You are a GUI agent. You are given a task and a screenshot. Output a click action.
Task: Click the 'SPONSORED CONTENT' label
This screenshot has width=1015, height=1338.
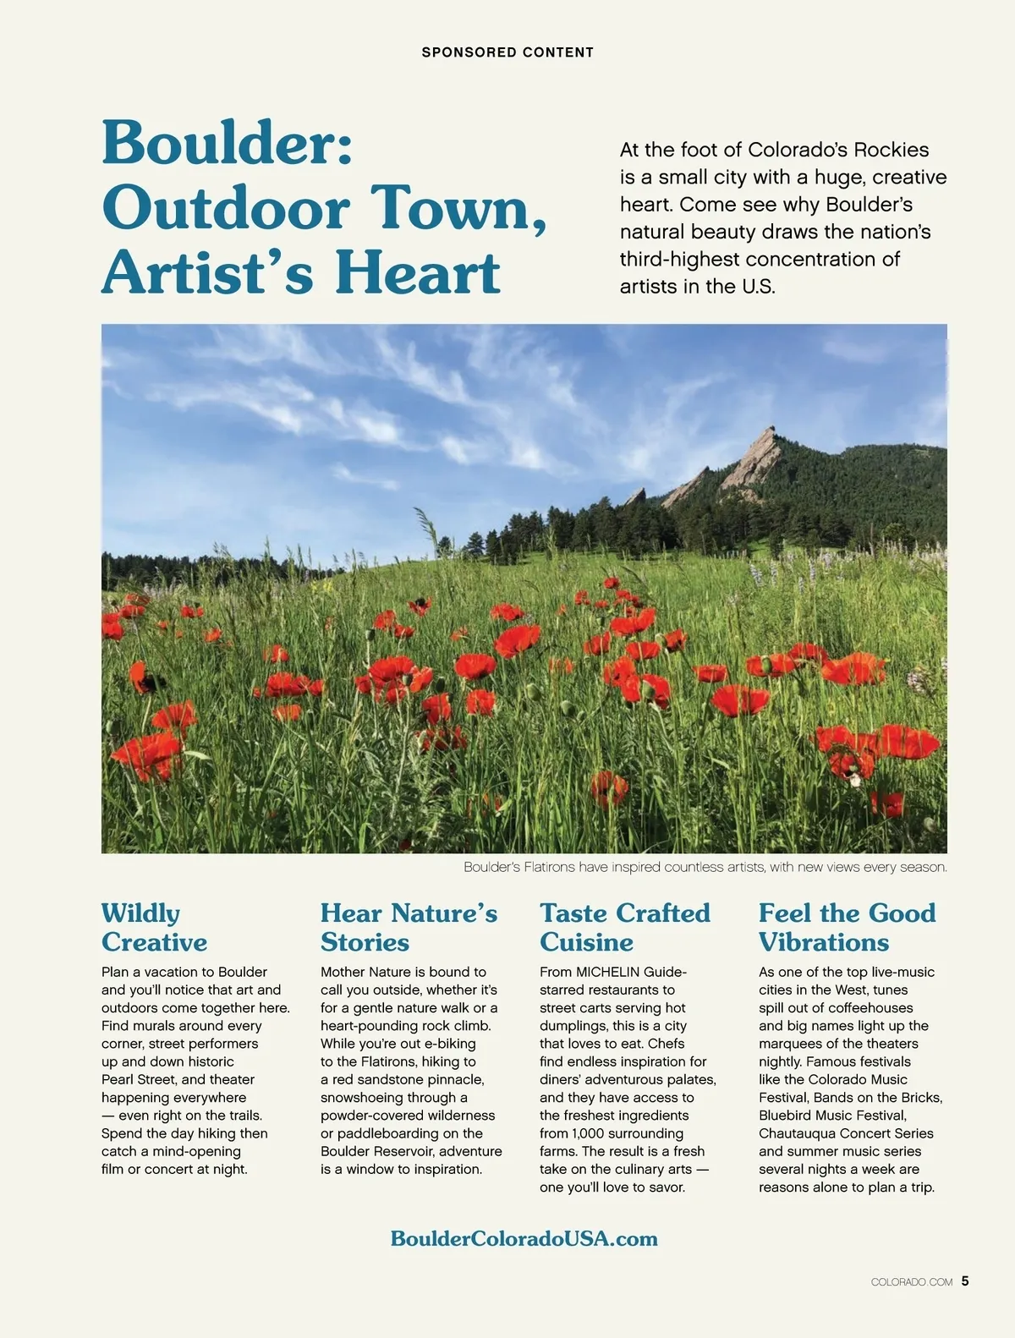(507, 52)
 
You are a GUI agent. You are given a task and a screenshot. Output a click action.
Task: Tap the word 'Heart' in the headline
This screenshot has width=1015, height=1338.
(418, 272)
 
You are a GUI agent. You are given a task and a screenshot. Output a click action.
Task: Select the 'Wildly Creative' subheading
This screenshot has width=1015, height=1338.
(154, 928)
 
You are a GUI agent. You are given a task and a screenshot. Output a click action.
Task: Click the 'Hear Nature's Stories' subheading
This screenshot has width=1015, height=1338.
(409, 928)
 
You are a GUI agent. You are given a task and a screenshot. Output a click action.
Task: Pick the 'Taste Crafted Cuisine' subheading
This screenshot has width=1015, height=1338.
(625, 928)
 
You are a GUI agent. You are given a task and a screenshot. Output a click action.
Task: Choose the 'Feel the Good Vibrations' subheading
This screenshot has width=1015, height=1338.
(847, 928)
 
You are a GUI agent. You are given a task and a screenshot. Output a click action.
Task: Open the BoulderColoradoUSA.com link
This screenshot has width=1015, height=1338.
(524, 1239)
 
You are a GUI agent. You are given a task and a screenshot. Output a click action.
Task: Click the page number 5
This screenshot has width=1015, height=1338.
(965, 1281)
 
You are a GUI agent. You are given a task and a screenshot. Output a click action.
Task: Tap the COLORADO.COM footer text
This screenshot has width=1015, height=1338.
(911, 1282)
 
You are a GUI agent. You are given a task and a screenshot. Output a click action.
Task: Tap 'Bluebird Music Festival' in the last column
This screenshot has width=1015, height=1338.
(831, 1116)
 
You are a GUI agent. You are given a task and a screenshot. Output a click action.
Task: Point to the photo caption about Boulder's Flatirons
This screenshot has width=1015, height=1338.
(705, 867)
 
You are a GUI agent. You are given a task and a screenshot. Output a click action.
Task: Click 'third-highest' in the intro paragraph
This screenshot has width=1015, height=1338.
(680, 259)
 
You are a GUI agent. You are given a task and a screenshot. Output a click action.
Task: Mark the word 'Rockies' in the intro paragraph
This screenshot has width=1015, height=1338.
(891, 150)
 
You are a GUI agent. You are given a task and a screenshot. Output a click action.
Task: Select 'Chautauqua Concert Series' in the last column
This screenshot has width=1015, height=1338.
(846, 1133)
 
